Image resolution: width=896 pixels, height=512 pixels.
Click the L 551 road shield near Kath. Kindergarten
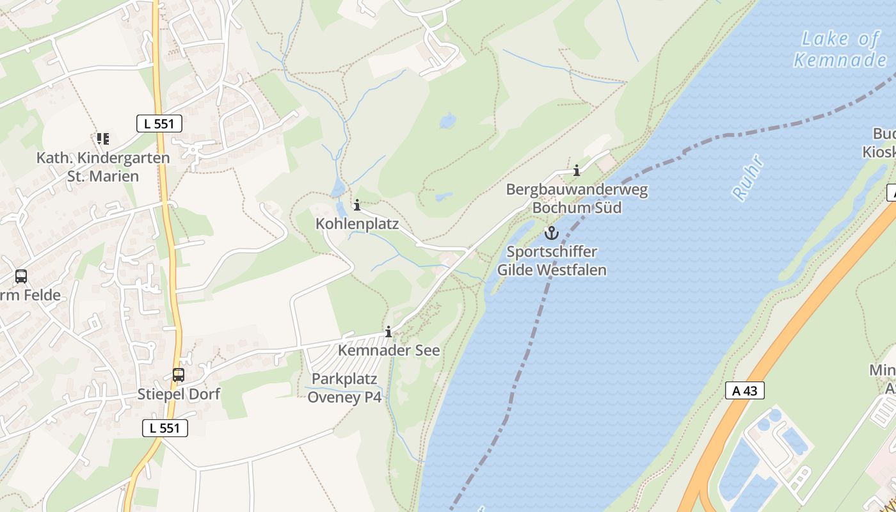click(159, 124)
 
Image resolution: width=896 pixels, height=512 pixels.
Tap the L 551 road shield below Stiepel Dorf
click(165, 428)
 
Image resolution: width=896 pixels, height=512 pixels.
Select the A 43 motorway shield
click(745, 390)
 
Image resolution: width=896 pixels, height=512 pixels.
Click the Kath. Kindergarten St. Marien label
click(103, 166)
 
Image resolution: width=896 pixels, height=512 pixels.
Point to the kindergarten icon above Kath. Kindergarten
click(102, 138)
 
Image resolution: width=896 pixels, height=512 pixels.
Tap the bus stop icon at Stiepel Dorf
click(178, 375)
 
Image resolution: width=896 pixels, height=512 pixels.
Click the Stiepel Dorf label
click(179, 394)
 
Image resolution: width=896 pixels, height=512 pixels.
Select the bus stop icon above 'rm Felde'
click(21, 276)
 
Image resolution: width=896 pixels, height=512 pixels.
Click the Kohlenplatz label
click(357, 224)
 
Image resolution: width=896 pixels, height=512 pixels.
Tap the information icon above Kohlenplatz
click(357, 205)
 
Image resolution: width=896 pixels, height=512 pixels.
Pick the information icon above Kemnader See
click(388, 332)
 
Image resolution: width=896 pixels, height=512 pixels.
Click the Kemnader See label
click(388, 351)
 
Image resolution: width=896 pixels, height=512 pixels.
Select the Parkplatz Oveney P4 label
click(344, 388)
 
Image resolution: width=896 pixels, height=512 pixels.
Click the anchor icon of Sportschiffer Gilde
click(551, 233)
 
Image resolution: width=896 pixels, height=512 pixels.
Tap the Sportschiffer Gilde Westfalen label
click(552, 260)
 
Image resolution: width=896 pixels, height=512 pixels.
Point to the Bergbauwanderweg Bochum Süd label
click(577, 198)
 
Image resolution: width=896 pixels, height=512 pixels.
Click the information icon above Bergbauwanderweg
click(577, 170)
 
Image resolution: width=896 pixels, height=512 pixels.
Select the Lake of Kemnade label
click(840, 49)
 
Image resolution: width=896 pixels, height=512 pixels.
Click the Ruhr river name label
click(748, 177)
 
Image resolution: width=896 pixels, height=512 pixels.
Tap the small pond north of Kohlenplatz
click(337, 188)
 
